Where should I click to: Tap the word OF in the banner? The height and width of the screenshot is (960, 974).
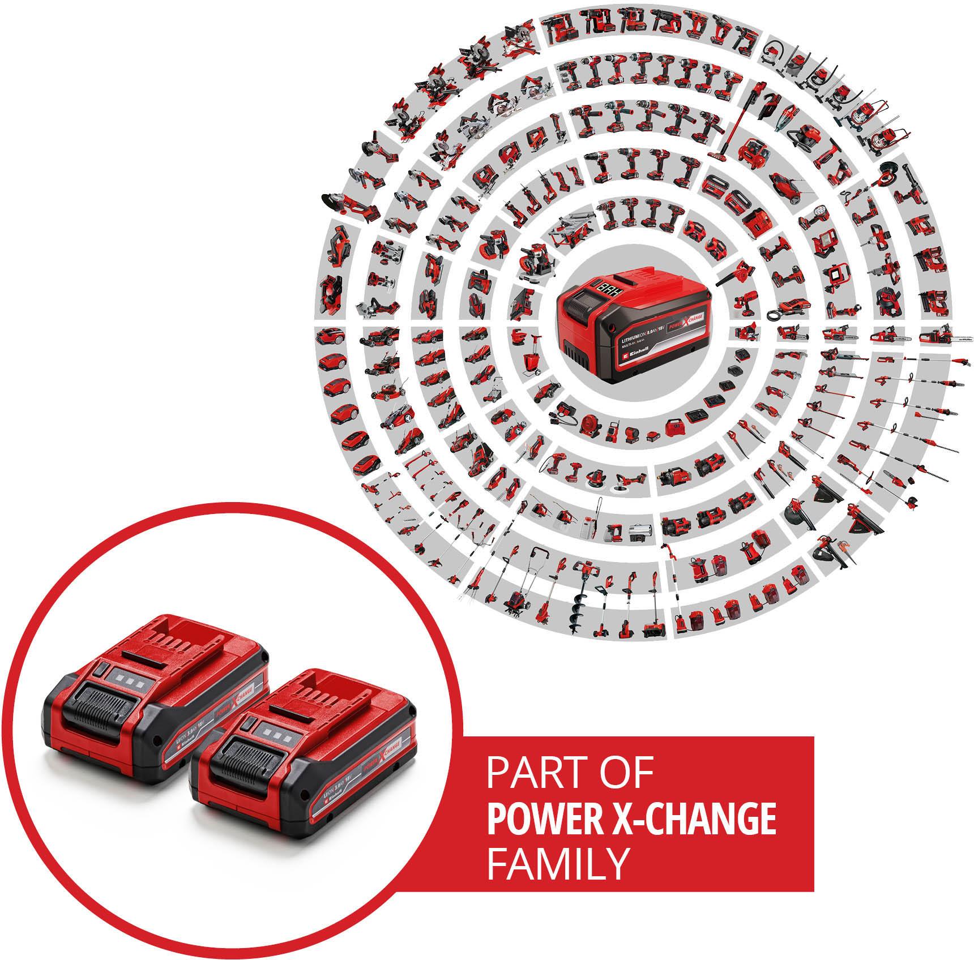click(626, 774)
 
